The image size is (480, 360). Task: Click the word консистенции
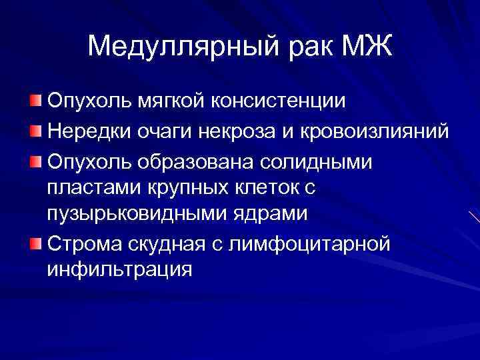[279, 102]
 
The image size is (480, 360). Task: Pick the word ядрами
[275, 215]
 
